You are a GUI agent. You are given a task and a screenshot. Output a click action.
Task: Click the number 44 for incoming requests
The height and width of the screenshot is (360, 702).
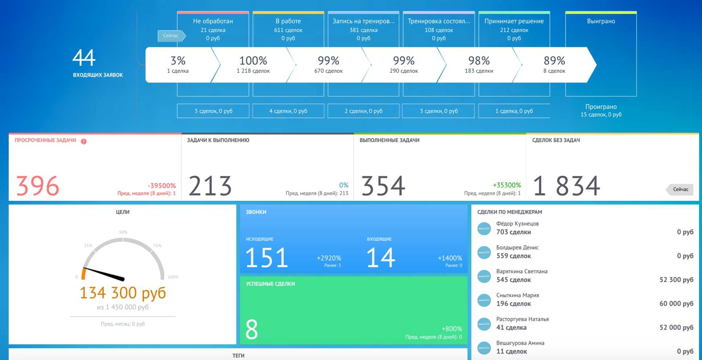pyautogui.click(x=84, y=58)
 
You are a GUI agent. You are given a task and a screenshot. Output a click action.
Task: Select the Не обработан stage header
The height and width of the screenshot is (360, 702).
pyautogui.click(x=213, y=21)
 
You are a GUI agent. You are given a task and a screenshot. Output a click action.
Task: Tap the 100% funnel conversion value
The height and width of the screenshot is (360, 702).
pyautogui.click(x=253, y=60)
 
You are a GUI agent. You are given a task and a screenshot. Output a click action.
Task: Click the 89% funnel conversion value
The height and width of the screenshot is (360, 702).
pyautogui.click(x=554, y=60)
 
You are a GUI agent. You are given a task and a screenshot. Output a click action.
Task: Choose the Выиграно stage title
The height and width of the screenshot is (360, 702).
pyautogui.click(x=601, y=21)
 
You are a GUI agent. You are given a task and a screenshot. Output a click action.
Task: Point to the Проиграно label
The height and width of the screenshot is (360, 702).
pyautogui.click(x=601, y=107)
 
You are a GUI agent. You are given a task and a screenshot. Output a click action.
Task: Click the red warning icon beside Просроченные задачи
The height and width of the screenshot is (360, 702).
pyautogui.click(x=84, y=141)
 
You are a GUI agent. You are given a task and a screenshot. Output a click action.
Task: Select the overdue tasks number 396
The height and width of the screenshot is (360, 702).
pyautogui.click(x=38, y=186)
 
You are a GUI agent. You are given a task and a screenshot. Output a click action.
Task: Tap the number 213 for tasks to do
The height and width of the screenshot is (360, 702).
pyautogui.click(x=210, y=186)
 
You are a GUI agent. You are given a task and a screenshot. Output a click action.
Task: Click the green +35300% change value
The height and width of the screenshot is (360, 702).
pyautogui.click(x=507, y=185)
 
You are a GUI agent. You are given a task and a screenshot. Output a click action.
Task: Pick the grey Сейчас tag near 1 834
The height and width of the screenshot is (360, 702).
pyautogui.click(x=680, y=189)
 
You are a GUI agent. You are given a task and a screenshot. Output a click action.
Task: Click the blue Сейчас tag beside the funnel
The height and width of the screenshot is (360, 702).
pyautogui.click(x=171, y=36)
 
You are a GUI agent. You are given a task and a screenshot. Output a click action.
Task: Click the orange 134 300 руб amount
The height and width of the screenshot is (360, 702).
pyautogui.click(x=123, y=293)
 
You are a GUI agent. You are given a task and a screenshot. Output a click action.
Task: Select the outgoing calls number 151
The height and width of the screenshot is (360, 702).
pyautogui.click(x=267, y=258)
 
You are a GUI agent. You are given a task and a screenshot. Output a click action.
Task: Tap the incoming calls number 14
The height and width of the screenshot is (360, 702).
pyautogui.click(x=381, y=258)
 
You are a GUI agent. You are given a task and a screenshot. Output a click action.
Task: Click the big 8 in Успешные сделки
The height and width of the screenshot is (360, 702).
pyautogui.click(x=251, y=329)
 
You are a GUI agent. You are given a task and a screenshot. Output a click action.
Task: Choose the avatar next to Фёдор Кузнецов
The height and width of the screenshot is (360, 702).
pyautogui.click(x=484, y=229)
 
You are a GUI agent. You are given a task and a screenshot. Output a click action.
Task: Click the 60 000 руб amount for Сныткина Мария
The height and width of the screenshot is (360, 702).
pyautogui.click(x=676, y=304)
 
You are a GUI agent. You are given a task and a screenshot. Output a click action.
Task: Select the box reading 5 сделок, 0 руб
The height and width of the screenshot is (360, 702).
pyautogui.click(x=213, y=111)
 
